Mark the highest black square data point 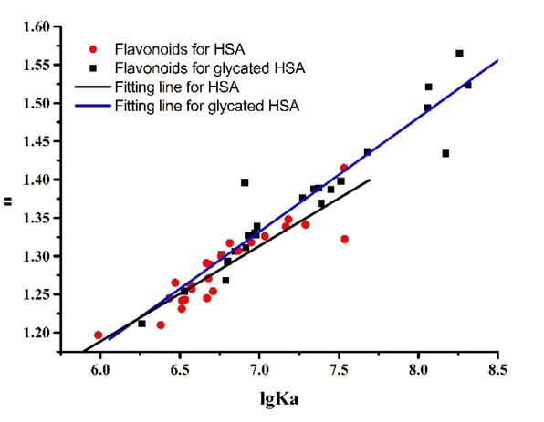(x=459, y=54)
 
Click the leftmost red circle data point (x=99, y=335)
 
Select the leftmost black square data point (x=141, y=324)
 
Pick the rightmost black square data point (x=468, y=85)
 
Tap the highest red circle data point (x=344, y=168)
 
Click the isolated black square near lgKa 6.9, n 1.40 (x=245, y=182)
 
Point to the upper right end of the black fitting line (x=371, y=180)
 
